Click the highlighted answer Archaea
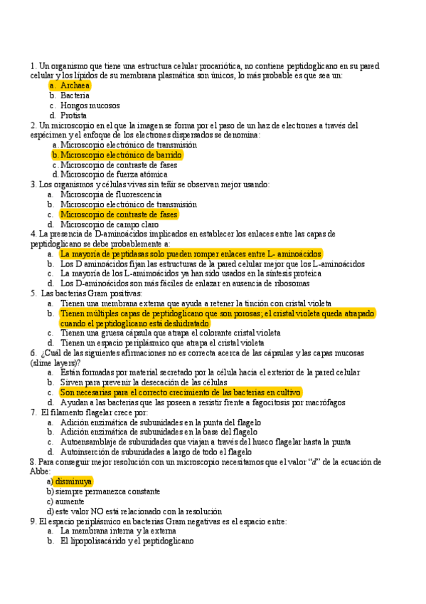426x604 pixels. (x=75, y=85)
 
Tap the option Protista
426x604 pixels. (x=74, y=115)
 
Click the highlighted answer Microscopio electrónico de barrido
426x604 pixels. (x=121, y=155)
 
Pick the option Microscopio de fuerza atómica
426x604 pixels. (x=114, y=174)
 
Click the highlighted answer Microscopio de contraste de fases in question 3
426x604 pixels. (x=119, y=214)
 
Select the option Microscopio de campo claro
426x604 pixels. (x=110, y=224)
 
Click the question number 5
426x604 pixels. (x=33, y=293)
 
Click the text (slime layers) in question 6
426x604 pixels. (x=54, y=362)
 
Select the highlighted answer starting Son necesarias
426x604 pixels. (x=181, y=392)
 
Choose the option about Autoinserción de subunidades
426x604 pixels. (x=156, y=452)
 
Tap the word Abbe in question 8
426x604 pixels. (x=40, y=471)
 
